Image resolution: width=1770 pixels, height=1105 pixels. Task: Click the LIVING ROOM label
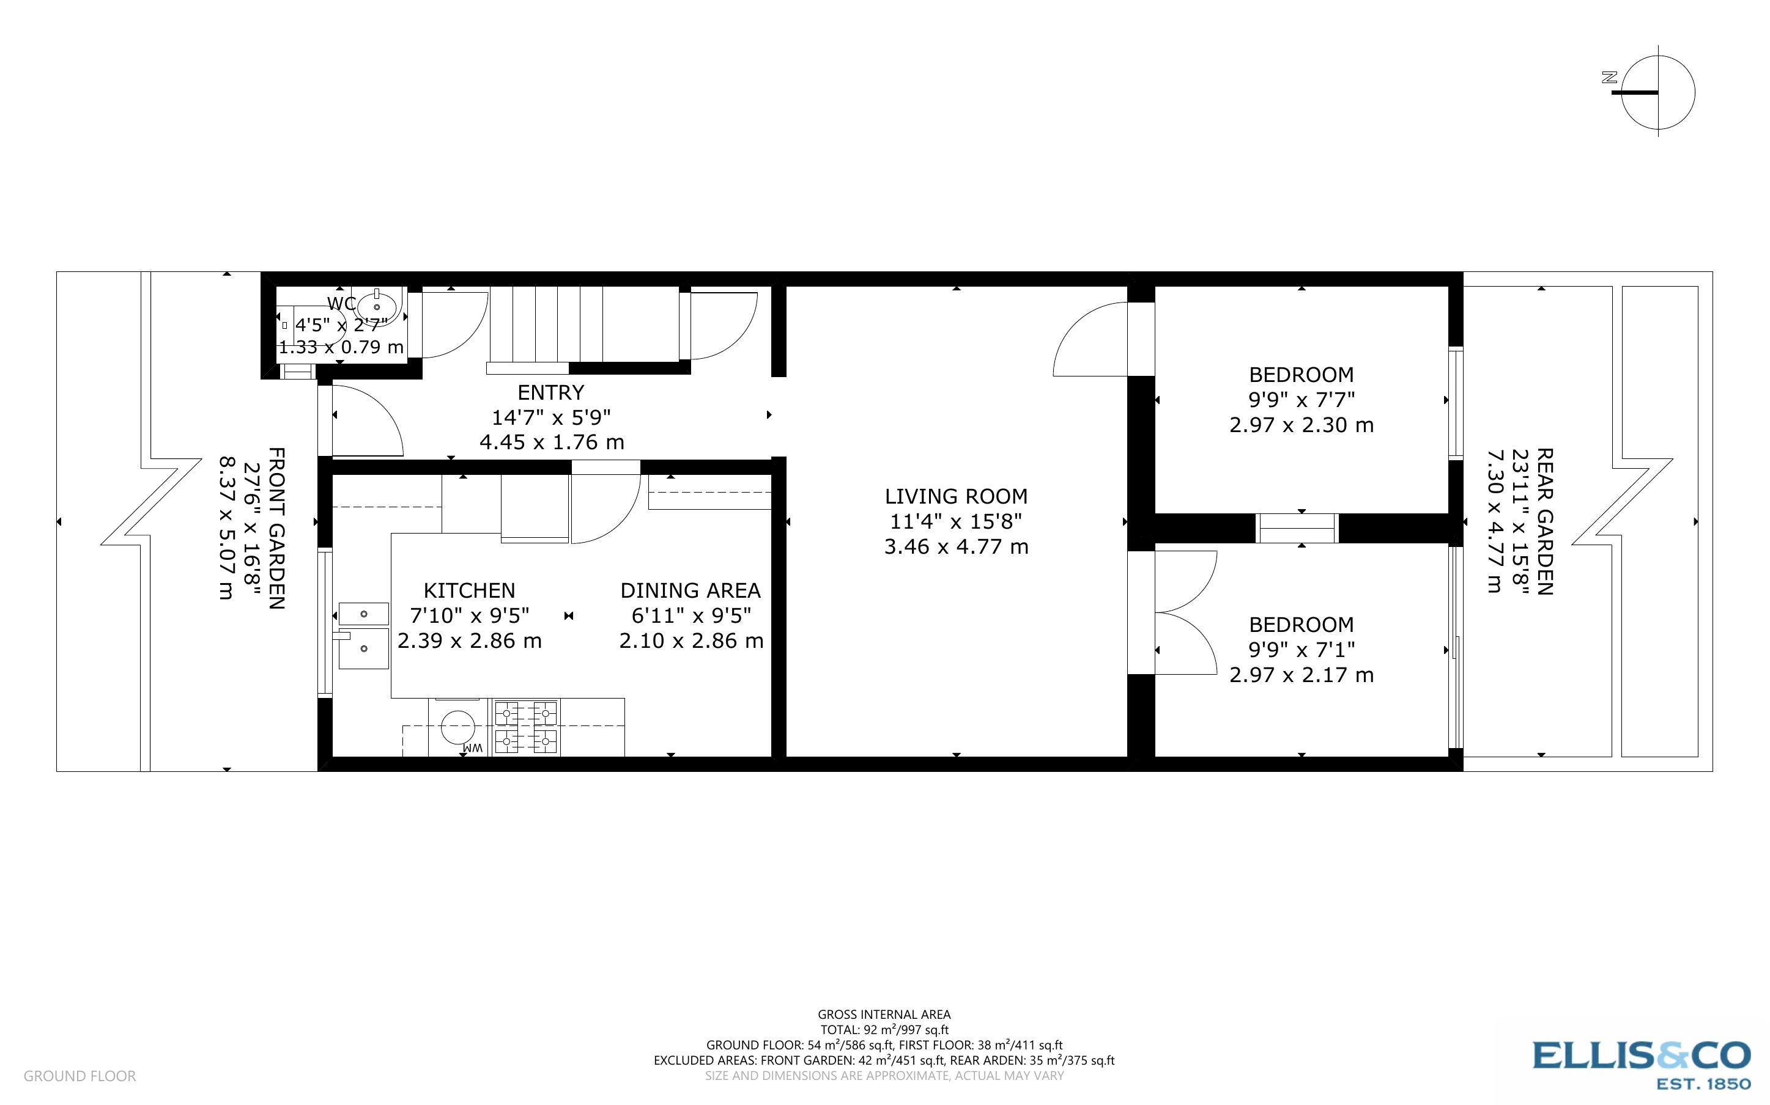pos(957,496)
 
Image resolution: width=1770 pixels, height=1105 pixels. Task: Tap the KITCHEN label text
pos(469,590)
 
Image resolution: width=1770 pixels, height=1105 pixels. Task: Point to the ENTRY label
pos(550,392)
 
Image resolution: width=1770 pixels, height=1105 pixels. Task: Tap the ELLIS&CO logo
pos(1640,1065)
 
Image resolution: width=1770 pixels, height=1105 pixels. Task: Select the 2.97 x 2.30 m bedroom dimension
pos(1302,425)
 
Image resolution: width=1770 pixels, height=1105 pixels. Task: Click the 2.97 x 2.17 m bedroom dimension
pos(1302,675)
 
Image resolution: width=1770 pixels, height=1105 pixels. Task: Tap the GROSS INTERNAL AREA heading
pos(884,1015)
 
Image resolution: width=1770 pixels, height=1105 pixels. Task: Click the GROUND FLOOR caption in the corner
pos(80,1076)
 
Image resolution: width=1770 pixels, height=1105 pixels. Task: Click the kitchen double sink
pos(363,636)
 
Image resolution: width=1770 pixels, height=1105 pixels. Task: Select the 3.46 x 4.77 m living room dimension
pos(957,546)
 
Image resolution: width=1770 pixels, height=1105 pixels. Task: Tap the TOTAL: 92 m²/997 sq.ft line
pos(884,1030)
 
